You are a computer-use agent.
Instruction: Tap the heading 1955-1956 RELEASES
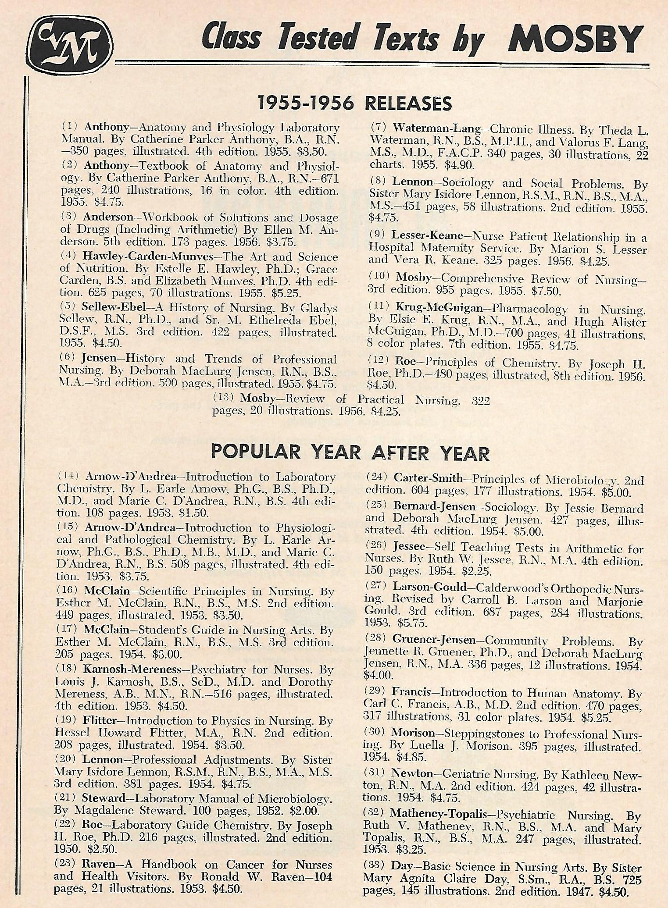[354, 103]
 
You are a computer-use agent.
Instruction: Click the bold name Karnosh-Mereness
[132, 669]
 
